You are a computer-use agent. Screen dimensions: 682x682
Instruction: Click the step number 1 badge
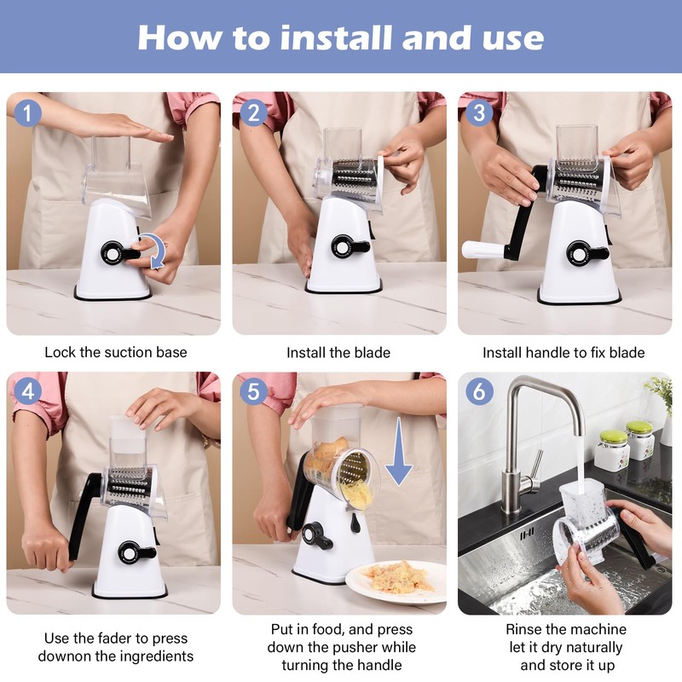28,113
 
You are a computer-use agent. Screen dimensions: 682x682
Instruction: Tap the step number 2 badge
253,113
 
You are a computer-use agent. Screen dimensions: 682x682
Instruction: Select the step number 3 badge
479,113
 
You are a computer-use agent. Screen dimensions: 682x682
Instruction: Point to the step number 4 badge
28,391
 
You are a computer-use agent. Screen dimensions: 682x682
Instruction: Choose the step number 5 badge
253,391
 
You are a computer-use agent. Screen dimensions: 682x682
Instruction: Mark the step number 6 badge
479,391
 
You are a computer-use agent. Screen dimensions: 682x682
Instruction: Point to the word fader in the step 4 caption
115,638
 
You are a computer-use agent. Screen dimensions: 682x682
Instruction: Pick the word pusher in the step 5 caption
375,647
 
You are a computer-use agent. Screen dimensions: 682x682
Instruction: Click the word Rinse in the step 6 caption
523,629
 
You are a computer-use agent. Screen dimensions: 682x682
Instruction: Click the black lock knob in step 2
350,247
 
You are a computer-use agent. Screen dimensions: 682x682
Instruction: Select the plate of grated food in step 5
396,581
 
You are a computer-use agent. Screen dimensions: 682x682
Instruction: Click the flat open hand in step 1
126,130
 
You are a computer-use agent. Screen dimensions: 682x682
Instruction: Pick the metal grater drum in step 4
130,486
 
